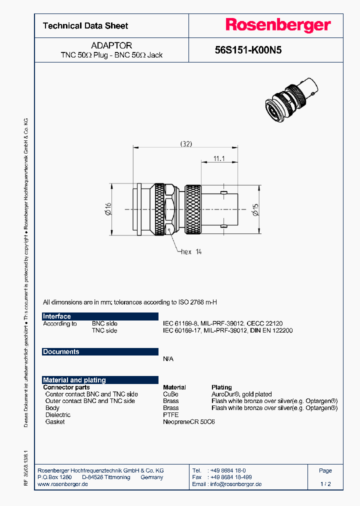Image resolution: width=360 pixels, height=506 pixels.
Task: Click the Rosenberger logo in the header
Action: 277,25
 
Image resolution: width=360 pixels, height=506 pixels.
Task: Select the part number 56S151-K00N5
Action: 248,50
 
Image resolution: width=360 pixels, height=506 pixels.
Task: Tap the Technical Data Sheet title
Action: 85,26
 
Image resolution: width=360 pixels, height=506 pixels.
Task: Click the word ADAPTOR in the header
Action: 111,45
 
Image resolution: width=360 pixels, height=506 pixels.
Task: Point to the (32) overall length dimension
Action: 186,143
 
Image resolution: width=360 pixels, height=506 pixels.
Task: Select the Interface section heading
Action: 57,316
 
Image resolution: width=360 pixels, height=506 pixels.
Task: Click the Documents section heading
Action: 61,352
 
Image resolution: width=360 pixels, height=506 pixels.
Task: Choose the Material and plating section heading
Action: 74,380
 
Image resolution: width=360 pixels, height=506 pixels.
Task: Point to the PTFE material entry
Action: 170,415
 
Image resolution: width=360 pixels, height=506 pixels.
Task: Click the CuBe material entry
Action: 170,394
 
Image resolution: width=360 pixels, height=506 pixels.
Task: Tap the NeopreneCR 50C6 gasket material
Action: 189,422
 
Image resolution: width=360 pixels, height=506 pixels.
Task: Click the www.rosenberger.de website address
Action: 63,484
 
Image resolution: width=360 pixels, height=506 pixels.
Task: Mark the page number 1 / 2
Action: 325,484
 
